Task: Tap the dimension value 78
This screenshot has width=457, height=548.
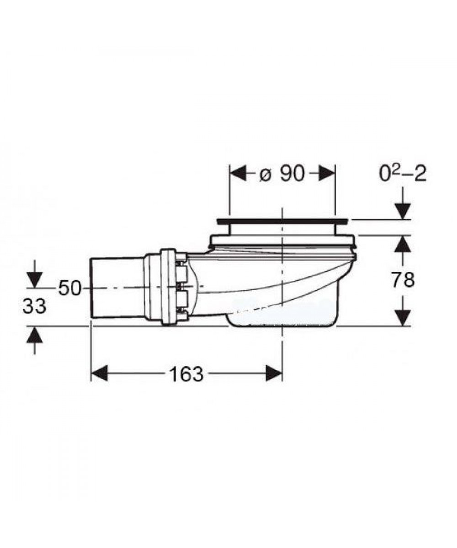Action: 403,280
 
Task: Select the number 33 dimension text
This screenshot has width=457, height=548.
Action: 34,306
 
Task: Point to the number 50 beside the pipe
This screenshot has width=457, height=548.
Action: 69,288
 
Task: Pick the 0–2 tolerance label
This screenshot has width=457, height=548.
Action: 403,174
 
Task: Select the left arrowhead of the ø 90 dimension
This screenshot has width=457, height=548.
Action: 238,173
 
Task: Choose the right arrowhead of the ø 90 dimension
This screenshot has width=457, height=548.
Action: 326,173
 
